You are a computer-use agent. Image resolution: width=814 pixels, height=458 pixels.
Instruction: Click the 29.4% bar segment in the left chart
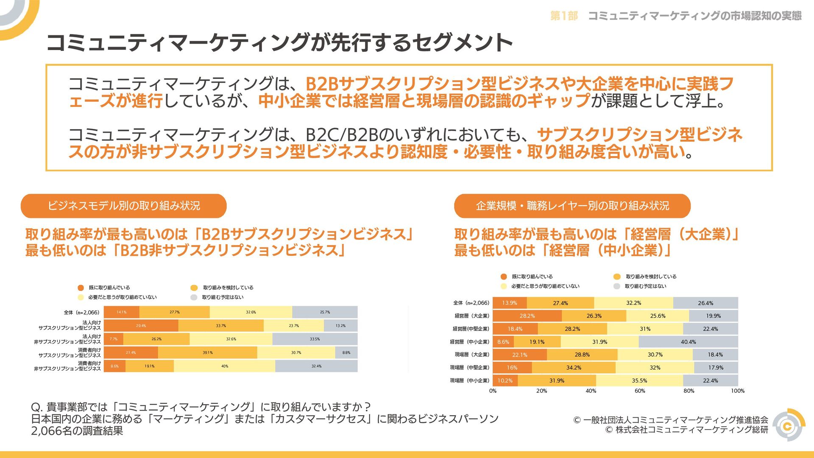coord(141,326)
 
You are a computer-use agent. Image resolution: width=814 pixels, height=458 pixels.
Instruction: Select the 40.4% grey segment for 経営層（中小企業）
coord(688,342)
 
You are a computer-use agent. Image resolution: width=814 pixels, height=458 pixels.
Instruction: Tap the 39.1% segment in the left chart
coord(207,353)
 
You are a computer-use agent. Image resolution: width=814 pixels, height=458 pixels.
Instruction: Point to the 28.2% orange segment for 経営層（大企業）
coord(527,316)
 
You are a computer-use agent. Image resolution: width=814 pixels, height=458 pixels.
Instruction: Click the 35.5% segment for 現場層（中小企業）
coord(639,381)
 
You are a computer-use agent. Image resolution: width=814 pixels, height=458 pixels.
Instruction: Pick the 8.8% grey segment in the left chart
coord(346,353)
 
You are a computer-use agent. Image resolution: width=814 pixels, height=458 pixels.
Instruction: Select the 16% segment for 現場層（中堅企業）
coord(512,368)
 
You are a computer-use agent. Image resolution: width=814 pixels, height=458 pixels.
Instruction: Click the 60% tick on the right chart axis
coord(640,391)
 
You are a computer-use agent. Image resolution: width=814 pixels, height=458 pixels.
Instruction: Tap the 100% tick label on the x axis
coord(738,391)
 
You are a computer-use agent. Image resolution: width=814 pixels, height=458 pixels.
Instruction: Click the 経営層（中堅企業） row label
coord(471,329)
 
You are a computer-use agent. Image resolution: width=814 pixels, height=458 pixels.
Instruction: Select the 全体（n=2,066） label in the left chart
coord(81,313)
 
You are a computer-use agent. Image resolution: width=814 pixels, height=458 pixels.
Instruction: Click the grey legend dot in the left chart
coord(194,297)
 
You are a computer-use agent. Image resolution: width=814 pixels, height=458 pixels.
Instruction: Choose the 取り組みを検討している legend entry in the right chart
coord(651,276)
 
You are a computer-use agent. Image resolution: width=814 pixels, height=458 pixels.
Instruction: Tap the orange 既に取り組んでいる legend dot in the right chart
coord(504,276)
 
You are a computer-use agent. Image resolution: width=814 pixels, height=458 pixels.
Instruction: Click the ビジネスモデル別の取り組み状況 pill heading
coord(123,206)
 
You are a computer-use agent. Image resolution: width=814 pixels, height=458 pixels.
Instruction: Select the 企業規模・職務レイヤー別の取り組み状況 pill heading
coord(572,206)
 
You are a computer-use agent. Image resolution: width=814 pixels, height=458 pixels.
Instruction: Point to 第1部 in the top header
coord(564,16)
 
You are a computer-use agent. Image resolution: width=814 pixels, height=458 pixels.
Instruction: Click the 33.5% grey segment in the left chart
coord(315,339)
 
